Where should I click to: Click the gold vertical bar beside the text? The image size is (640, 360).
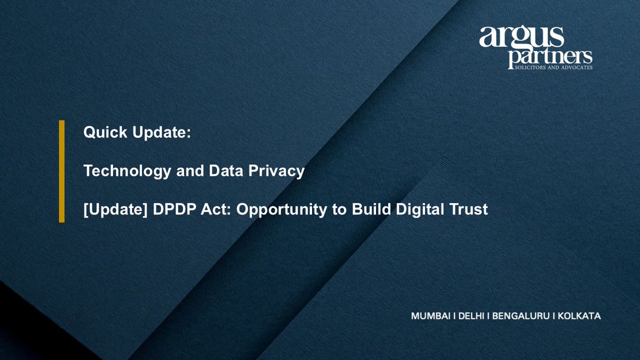click(61, 171)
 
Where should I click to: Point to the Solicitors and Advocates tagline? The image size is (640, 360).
click(549, 68)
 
